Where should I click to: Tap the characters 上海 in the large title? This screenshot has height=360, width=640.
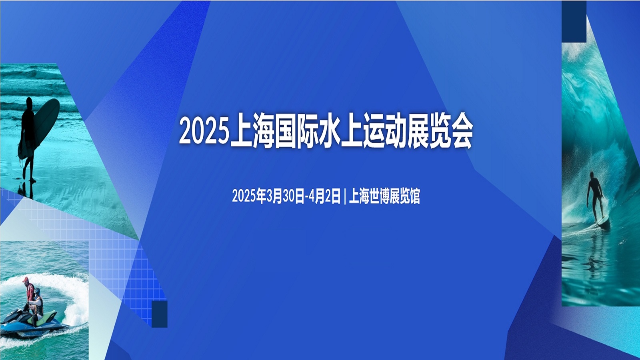pyautogui.click(x=252, y=131)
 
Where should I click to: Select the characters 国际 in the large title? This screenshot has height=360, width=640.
pyautogui.click(x=297, y=131)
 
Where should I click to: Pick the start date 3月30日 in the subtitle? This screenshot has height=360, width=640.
pyautogui.click(x=285, y=196)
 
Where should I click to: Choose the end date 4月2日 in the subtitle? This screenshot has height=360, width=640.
pyautogui.click(x=325, y=196)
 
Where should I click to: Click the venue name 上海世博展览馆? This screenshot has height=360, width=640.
pyautogui.click(x=384, y=196)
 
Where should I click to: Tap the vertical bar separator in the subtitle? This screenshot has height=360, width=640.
pyautogui.click(x=345, y=196)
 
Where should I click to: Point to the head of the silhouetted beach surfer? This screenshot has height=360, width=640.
pyautogui.click(x=29, y=103)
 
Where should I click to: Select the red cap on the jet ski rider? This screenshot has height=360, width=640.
pyautogui.click(x=26, y=280)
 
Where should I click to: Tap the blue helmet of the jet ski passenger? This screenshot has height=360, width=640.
pyautogui.click(x=37, y=292)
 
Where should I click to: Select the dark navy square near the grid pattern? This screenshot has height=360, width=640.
pyautogui.click(x=160, y=314)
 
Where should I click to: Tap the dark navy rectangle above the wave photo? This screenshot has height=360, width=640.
pyautogui.click(x=574, y=22)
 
